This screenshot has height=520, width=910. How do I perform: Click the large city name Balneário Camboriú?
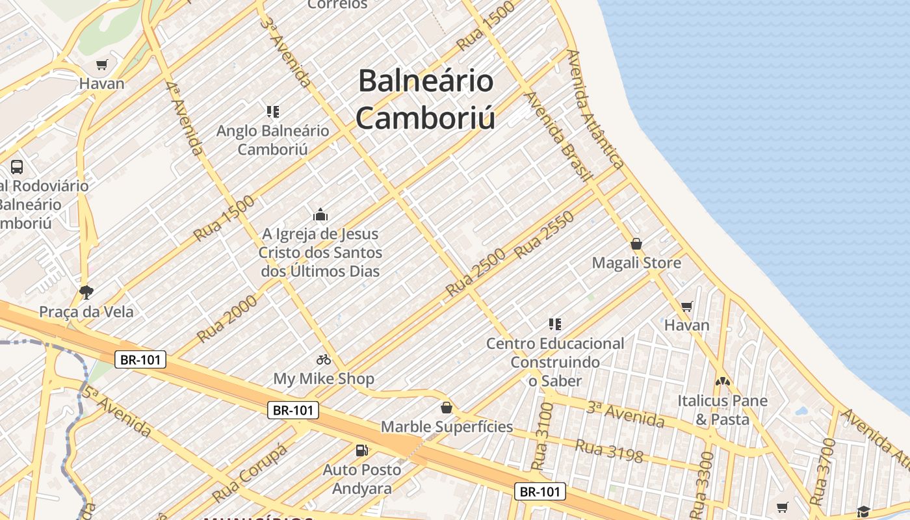[426, 99]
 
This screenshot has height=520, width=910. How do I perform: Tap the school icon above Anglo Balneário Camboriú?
[273, 112]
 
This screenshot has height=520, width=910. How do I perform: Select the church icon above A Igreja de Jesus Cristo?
[320, 214]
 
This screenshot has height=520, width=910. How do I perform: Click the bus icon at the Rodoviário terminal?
[17, 166]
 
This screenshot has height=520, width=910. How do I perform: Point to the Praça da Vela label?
[86, 311]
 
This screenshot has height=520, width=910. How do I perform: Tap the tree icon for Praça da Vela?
[86, 292]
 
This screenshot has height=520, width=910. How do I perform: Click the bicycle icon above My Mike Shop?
[324, 359]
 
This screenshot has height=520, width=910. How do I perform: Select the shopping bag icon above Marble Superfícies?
[447, 408]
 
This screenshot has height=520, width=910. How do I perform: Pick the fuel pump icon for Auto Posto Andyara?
[361, 450]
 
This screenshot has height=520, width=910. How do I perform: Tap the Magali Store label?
[636, 263]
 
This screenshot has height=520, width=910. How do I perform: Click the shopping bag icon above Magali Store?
[636, 244]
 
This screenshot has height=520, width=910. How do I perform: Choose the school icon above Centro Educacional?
[554, 324]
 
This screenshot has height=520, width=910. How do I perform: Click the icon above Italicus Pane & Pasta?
[723, 382]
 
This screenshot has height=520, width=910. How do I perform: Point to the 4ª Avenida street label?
[184, 118]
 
